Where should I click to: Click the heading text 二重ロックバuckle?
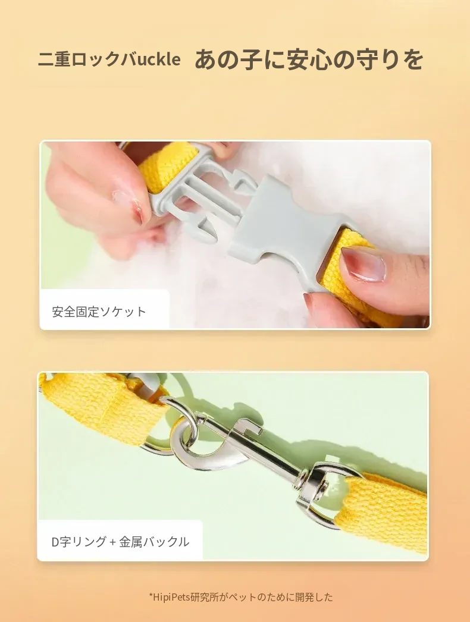(x=109, y=59)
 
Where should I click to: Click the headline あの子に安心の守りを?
(x=308, y=59)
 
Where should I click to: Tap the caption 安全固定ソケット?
(x=99, y=312)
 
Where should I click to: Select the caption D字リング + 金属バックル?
(x=120, y=542)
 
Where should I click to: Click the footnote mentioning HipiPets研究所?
(x=241, y=597)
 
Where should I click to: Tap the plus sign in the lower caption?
(x=112, y=542)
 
